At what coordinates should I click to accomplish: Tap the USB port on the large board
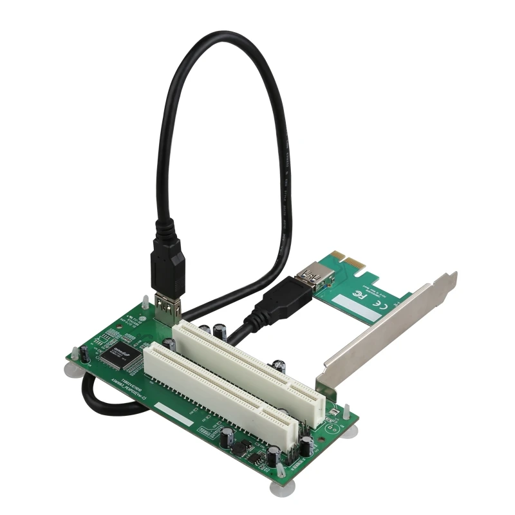(166, 310)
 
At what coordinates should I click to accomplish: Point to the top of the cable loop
(212, 35)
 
